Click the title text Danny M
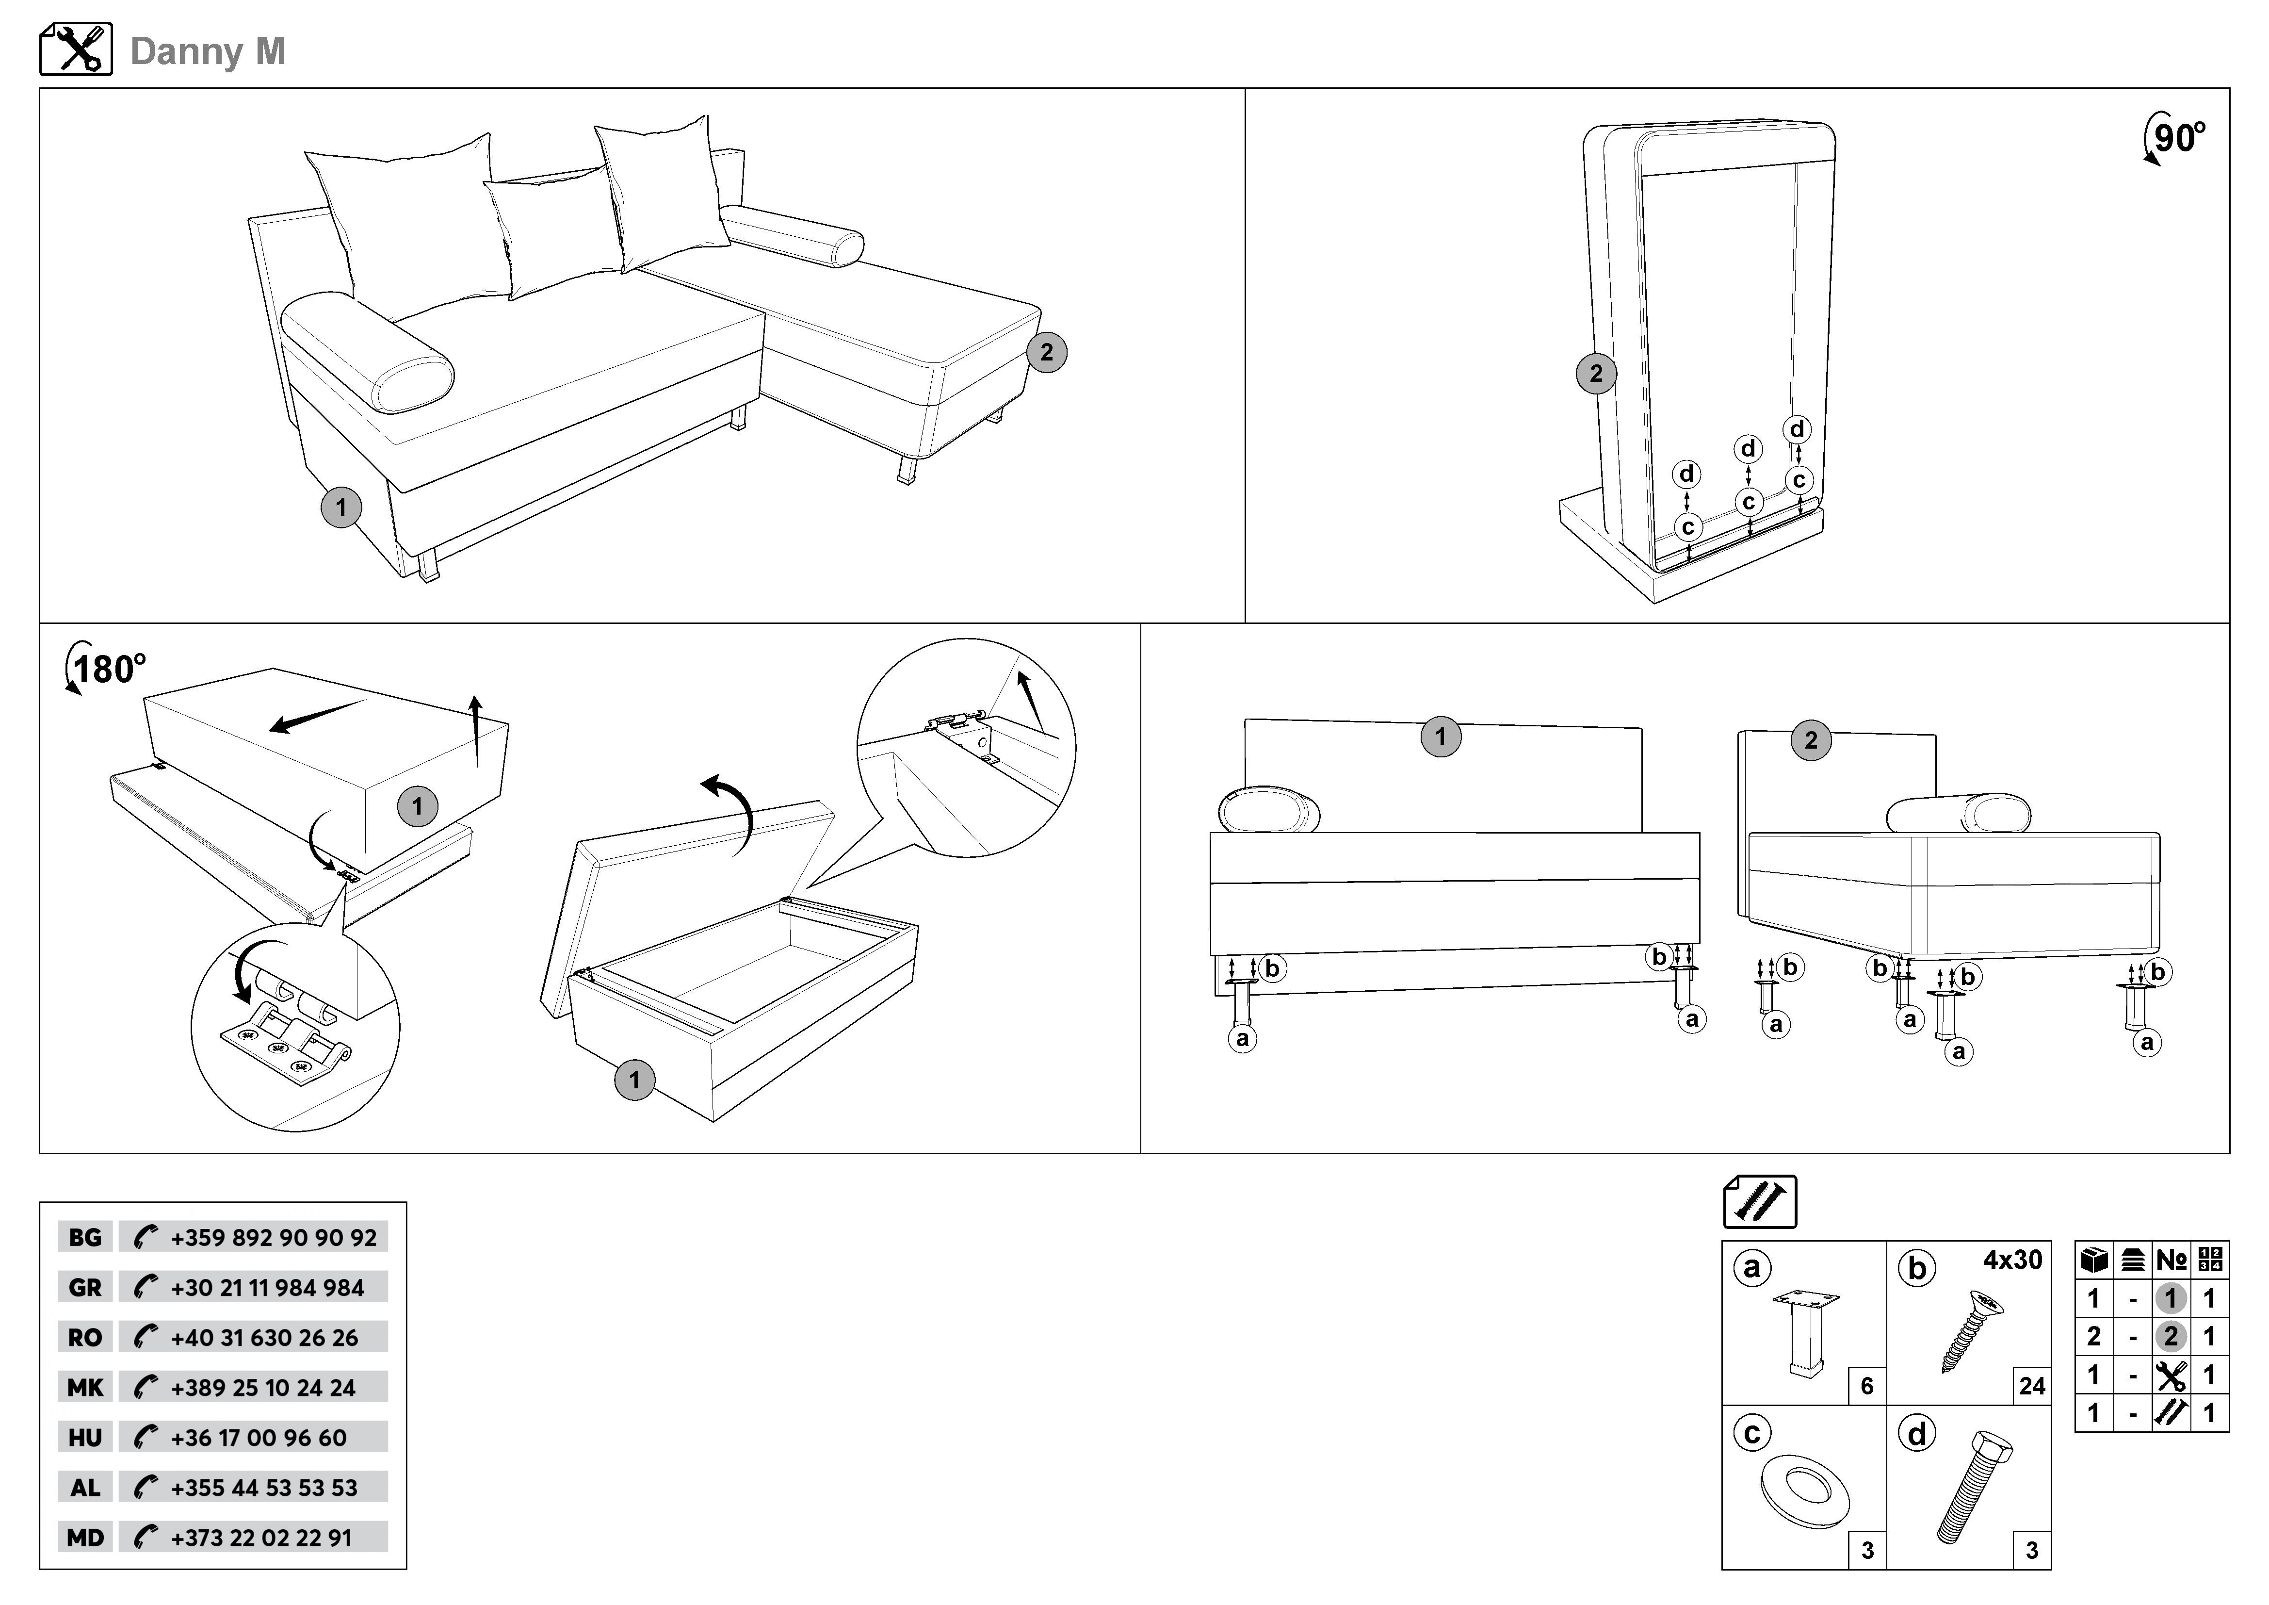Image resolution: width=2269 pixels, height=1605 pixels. [208, 51]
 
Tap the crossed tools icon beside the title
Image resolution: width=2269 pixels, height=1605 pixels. [76, 49]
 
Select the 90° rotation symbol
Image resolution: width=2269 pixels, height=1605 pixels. [2174, 138]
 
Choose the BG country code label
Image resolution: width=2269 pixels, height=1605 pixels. [85, 1237]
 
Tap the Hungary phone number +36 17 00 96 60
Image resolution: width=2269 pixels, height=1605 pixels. [259, 1438]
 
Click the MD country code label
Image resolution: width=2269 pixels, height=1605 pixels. [85, 1538]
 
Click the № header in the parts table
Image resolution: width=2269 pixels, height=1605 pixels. [2171, 1260]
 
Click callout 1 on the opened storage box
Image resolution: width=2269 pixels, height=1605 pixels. [634, 1080]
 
